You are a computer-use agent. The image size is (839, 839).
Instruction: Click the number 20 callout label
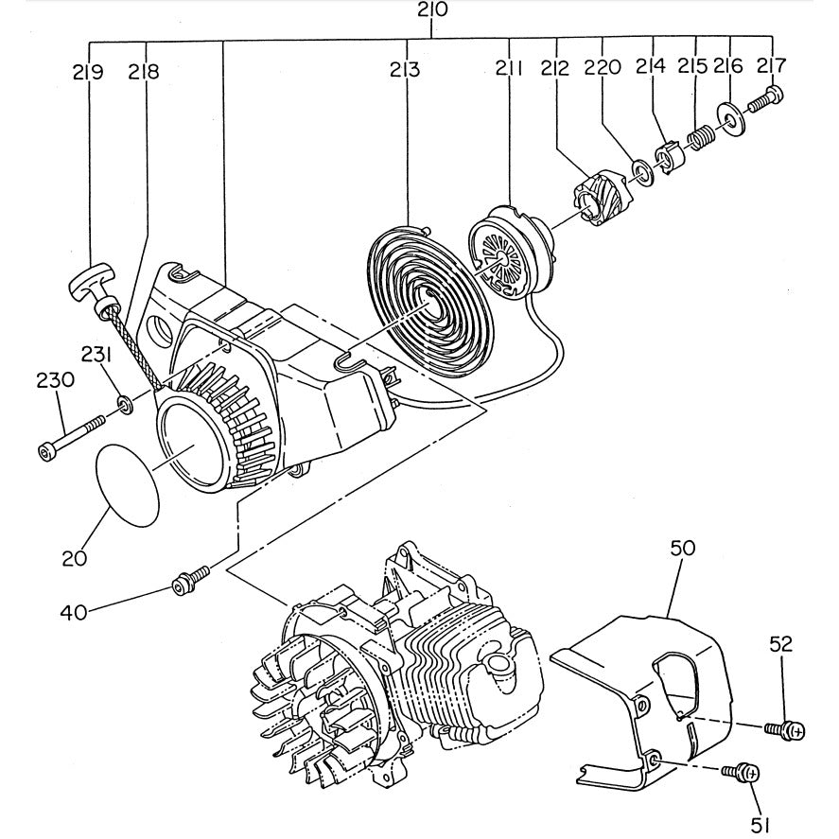(75, 557)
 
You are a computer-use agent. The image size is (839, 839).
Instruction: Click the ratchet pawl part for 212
(594, 200)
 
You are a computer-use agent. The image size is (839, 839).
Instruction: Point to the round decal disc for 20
(128, 485)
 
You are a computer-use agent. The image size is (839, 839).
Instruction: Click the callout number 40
(75, 612)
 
